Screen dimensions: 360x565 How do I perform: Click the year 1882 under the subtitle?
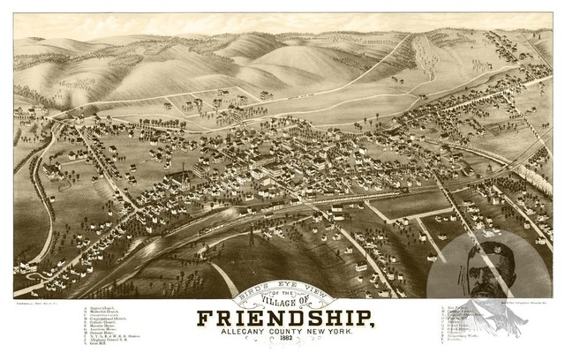tap(282, 343)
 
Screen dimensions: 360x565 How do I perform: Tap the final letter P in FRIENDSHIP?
tap(363, 317)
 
